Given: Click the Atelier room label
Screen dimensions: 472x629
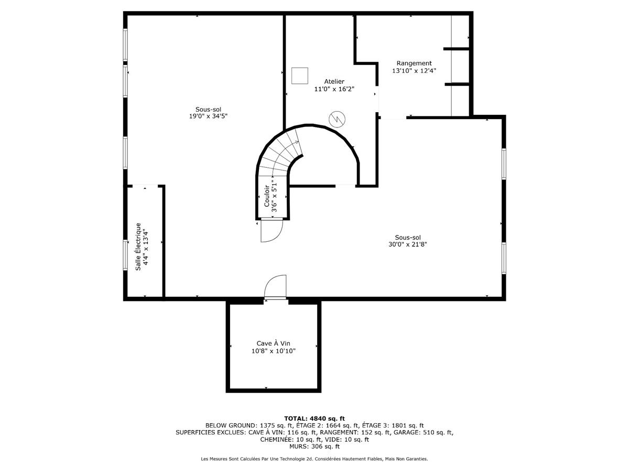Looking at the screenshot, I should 334,81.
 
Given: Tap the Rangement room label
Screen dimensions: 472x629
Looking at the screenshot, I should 414,63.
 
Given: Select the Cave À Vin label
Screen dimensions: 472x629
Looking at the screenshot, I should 273,344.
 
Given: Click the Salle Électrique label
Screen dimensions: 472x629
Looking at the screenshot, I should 138,246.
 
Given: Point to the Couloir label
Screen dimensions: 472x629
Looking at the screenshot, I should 266,196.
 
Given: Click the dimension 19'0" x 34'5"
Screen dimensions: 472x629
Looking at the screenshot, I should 208,116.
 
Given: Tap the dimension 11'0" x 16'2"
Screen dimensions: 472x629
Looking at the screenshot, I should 334,89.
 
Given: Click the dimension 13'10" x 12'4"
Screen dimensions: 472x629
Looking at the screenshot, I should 414,70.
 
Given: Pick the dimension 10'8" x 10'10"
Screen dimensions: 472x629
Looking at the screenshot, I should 273,351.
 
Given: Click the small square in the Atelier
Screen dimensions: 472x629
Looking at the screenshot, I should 300,76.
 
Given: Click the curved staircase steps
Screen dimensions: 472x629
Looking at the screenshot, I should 280,155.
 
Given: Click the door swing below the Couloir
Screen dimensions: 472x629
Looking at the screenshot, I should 272,230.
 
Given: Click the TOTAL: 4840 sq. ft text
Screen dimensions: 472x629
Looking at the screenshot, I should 314,418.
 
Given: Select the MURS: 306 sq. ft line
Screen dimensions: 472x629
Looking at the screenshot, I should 314,447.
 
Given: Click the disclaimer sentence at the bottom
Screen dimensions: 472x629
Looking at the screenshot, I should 314,459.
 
